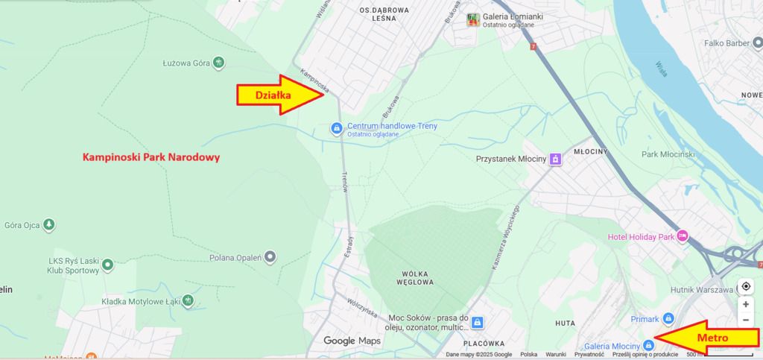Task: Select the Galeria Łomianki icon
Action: pyautogui.click(x=472, y=19)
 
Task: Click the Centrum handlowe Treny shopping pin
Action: pyautogui.click(x=337, y=129)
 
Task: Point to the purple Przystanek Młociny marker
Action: pyautogui.click(x=554, y=159)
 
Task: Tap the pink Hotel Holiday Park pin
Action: pyautogui.click(x=682, y=237)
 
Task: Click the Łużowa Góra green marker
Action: pyautogui.click(x=218, y=63)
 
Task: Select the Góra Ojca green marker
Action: pyautogui.click(x=49, y=224)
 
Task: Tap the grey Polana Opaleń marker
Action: pyautogui.click(x=270, y=257)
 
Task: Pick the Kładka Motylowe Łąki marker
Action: pyautogui.click(x=189, y=300)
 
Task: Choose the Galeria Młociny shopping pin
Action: pyautogui.click(x=648, y=344)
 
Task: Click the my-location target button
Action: pyautogui.click(x=746, y=287)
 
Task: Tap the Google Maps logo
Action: pyautogui.click(x=352, y=341)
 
